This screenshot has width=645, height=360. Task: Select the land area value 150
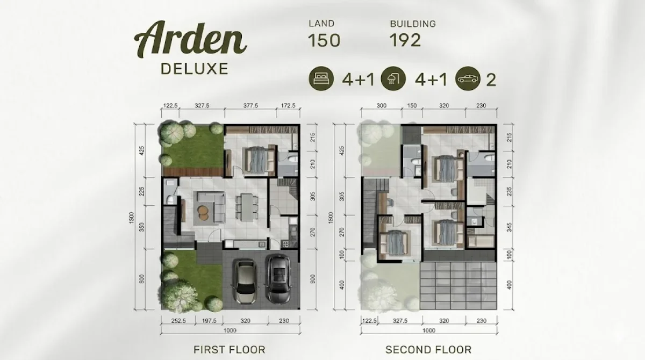pos(324,41)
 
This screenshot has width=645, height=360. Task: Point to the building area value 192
pos(405,41)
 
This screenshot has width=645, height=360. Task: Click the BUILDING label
pos(413,24)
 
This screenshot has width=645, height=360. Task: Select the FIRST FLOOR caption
pos(230,350)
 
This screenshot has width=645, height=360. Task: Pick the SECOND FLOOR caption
pos(428,350)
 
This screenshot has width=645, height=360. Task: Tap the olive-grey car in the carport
pos(244,279)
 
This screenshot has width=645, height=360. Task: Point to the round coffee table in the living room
pos(205,211)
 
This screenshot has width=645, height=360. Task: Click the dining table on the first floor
pos(247,206)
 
